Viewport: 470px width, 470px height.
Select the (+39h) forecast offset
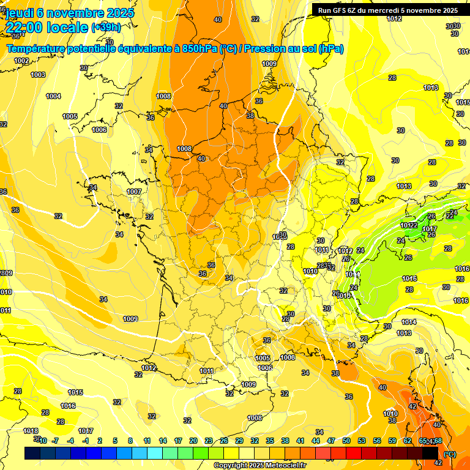106,28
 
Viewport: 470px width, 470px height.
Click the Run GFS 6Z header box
387,10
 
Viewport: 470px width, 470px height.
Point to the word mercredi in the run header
387,10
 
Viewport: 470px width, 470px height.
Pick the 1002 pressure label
21,61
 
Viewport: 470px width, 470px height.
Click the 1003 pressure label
38,75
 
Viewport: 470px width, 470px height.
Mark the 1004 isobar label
53,96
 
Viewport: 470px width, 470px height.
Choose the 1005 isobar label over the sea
70,116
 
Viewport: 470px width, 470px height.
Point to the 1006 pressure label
99,130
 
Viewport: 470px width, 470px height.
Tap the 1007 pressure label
134,192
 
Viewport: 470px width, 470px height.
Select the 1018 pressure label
31,431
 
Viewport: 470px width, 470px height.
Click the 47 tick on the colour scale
331,441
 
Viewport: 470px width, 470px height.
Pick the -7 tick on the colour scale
55,441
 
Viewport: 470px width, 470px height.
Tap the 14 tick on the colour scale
162,441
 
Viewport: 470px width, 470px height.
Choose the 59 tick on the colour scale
392,441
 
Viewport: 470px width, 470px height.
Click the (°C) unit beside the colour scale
449,454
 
